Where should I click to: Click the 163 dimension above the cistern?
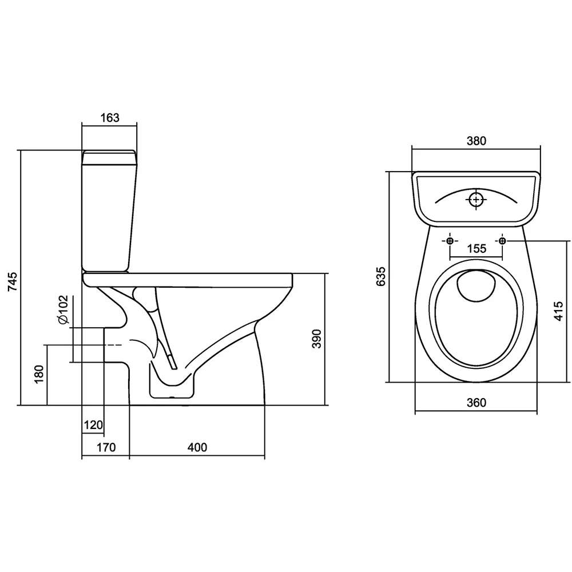109,117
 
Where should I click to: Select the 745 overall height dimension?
13,281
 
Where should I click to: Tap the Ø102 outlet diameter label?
63,309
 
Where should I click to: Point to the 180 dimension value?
39,374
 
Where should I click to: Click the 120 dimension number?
93,425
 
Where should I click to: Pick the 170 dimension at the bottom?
106,447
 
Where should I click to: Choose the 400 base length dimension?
197,447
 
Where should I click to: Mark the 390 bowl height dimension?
317,339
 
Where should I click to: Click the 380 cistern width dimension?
476,141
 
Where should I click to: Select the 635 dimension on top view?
380,276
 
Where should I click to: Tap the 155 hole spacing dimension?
477,249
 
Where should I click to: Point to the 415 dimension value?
558,311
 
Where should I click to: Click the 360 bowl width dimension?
476,402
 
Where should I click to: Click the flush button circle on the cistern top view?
476,199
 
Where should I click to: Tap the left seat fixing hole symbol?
450,241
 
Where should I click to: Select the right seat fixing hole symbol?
502,241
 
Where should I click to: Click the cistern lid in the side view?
109,157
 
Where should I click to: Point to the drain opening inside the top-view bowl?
476,287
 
